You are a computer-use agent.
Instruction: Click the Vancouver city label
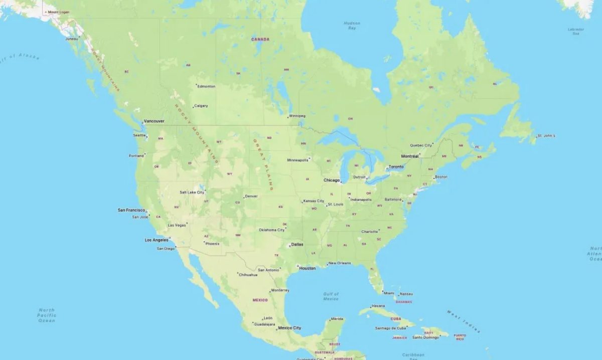(x=154, y=121)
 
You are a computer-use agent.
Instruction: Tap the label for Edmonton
(x=206, y=86)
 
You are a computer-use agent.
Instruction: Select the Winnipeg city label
(x=297, y=116)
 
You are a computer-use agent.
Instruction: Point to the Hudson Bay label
(x=352, y=26)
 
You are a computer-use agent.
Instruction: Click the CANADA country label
(x=260, y=39)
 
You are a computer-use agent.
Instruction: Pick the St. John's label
(x=546, y=136)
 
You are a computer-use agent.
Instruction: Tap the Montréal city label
(x=409, y=156)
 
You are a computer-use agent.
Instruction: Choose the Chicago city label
(x=331, y=180)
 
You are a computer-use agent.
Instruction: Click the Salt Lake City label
(x=192, y=192)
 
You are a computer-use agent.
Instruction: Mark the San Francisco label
(x=131, y=210)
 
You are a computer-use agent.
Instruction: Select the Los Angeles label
(x=156, y=240)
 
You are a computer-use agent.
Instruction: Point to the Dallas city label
(x=297, y=244)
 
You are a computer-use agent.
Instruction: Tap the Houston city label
(x=307, y=268)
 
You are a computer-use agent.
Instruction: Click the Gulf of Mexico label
(x=331, y=296)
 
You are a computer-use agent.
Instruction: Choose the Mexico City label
(x=289, y=328)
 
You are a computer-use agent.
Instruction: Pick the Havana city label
(x=378, y=306)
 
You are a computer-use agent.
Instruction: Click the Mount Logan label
(x=58, y=12)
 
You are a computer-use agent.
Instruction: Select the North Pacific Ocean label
(x=47, y=315)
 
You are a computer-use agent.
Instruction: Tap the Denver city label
(x=251, y=196)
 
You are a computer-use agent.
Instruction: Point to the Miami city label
(x=388, y=293)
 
